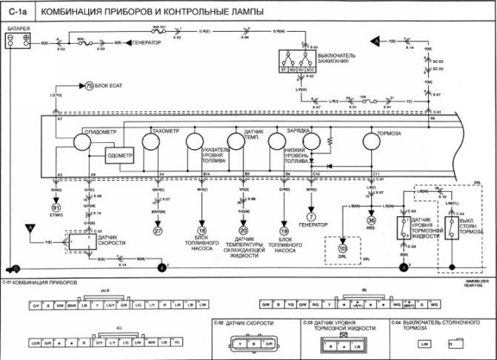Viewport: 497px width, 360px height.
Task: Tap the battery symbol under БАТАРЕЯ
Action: coord(18,42)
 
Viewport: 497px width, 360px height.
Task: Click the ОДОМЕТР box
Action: coord(120,156)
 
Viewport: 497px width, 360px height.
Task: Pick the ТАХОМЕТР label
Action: coord(165,131)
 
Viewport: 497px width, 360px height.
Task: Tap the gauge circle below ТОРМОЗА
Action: coord(373,141)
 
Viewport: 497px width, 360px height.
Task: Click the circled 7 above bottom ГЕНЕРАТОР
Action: coord(312,216)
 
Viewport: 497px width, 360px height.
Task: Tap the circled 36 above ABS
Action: coord(372,219)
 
